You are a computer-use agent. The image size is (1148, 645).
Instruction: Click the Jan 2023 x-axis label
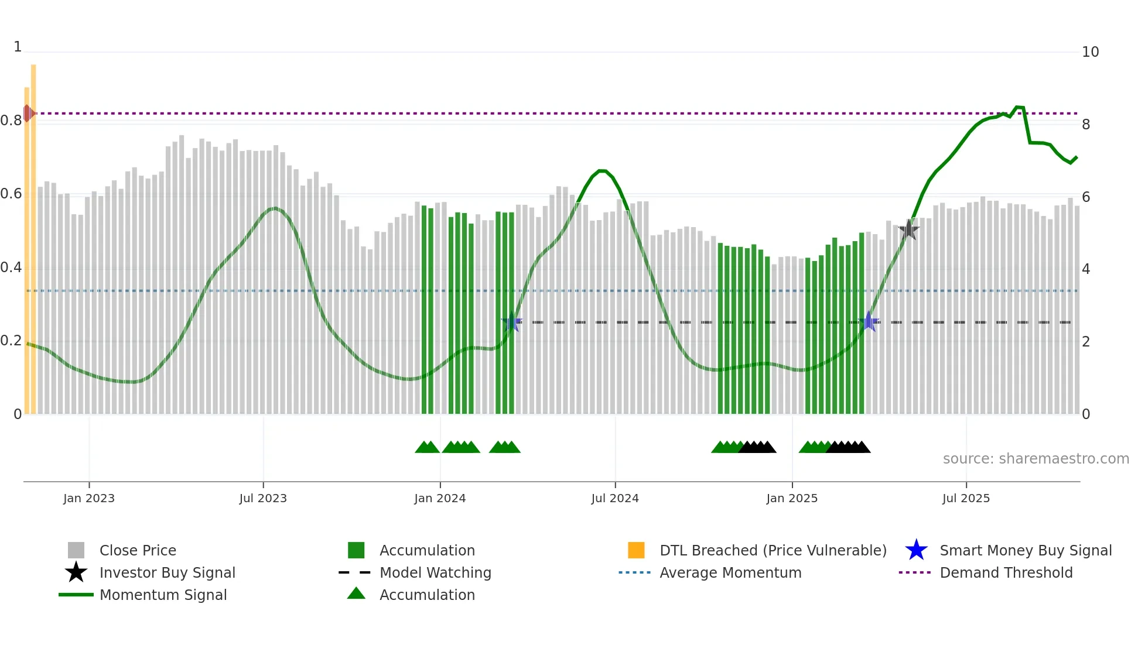[x=89, y=498]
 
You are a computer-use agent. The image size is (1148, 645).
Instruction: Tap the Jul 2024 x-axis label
[x=615, y=498]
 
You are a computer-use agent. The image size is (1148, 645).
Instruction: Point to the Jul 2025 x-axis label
[x=966, y=498]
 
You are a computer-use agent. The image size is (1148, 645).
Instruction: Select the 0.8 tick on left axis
[x=11, y=121]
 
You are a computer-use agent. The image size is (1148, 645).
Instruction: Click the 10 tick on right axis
[x=1090, y=52]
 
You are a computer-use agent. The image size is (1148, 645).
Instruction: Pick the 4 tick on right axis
[x=1086, y=269]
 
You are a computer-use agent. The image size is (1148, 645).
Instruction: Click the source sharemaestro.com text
[x=1036, y=459]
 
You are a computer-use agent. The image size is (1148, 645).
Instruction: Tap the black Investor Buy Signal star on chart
[x=908, y=229]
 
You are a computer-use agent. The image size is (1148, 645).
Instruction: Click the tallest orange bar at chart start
[x=33, y=234]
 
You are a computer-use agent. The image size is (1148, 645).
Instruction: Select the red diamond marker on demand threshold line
[x=28, y=113]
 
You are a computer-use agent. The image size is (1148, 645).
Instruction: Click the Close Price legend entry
[x=138, y=550]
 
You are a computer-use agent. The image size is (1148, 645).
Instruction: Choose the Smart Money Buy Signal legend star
[x=916, y=550]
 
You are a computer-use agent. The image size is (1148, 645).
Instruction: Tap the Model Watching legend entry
[x=435, y=572]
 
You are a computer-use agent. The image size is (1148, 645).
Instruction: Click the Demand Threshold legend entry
[x=1006, y=572]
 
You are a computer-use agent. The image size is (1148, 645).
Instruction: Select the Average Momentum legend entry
[x=730, y=572]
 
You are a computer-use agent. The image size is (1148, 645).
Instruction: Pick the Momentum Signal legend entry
[x=163, y=595]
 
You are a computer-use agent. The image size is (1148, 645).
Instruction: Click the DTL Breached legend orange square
[x=636, y=550]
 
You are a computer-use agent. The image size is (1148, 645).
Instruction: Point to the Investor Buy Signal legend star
[x=76, y=572]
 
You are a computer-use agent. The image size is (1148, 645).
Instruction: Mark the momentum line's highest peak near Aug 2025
[x=1018, y=107]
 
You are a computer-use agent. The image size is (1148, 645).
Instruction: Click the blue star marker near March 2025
[x=869, y=321]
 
